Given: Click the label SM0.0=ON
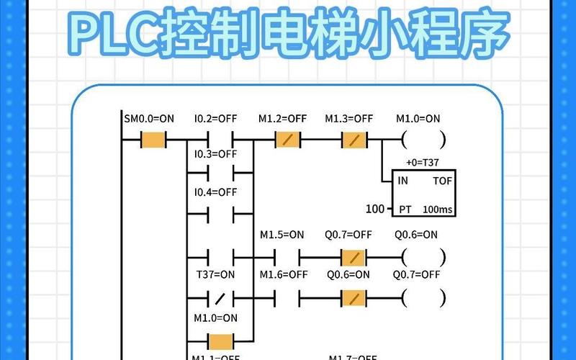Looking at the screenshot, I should [x=149, y=118].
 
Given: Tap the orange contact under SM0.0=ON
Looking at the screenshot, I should [x=153, y=140].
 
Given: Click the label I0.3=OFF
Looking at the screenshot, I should [x=215, y=153].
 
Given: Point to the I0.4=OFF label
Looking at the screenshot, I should [x=215, y=192].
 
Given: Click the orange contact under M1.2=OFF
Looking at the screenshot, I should [x=287, y=140].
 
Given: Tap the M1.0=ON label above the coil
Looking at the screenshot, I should [x=418, y=118].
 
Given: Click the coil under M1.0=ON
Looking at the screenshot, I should [x=423, y=140].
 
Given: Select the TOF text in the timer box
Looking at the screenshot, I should [x=442, y=181].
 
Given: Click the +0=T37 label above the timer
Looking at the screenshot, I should [x=423, y=163].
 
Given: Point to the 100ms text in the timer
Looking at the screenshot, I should [x=438, y=210].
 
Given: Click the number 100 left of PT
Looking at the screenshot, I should [x=375, y=210].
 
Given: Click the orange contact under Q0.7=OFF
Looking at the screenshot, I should [x=353, y=256].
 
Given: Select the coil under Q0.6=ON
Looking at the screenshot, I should [x=423, y=256].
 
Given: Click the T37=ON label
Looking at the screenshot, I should [x=215, y=274].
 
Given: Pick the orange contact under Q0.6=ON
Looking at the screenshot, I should [x=353, y=296].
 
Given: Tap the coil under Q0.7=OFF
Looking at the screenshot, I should [x=423, y=296].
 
